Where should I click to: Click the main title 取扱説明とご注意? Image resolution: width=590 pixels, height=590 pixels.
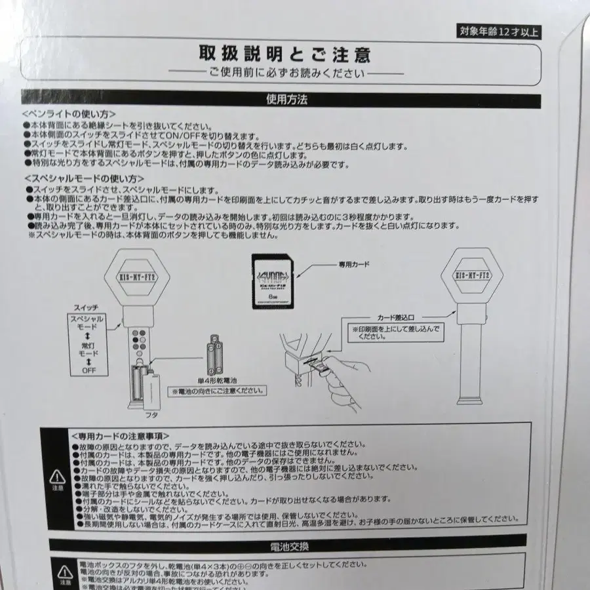tap(285, 54)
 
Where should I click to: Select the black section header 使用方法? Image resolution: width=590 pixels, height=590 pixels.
tap(286, 100)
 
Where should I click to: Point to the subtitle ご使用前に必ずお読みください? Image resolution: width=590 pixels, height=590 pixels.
tap(285, 73)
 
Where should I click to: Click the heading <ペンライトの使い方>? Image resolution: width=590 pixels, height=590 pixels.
tap(69, 113)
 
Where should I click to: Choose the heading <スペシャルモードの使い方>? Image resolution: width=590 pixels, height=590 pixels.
tap(84, 178)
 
